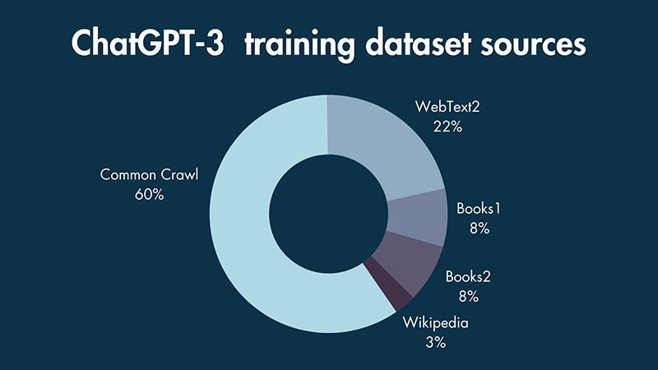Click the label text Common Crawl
(149, 175)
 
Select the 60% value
(149, 196)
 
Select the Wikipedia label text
(435, 322)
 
